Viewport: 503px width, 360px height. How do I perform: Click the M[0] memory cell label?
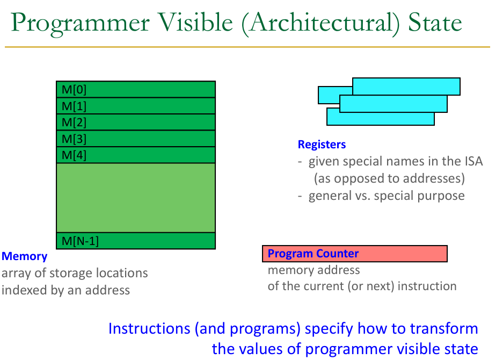tap(74, 90)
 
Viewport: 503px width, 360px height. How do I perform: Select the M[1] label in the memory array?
tap(74, 106)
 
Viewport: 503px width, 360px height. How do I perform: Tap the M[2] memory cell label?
tap(74, 123)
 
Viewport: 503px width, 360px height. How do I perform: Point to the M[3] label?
tap(74, 139)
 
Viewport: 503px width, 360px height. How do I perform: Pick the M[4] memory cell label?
tap(74, 155)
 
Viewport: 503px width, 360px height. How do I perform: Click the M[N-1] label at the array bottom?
tap(80, 241)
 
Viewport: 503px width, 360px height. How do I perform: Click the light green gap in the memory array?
tap(136, 198)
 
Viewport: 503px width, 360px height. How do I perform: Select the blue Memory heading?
tap(24, 256)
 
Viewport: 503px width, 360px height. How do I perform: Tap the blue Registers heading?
tap(322, 145)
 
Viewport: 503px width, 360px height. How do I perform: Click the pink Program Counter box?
tap(354, 254)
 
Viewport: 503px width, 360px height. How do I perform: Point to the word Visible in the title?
tap(196, 23)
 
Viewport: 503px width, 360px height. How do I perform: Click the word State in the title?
tap(435, 23)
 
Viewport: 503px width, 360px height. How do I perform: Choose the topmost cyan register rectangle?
tap(406, 87)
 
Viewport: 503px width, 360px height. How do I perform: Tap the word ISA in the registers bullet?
tap(473, 161)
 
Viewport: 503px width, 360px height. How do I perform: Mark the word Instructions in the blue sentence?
tap(149, 328)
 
